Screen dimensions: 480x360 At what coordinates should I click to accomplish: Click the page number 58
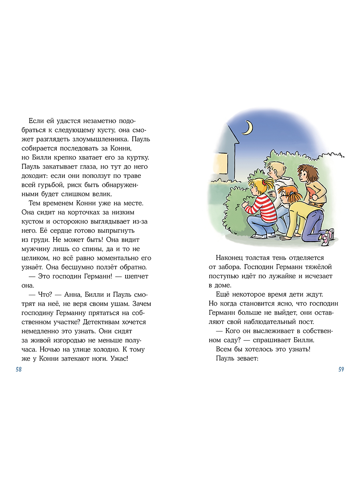(19, 369)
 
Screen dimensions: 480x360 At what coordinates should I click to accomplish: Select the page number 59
(341, 369)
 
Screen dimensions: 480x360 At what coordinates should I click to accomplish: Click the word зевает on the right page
(245, 358)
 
